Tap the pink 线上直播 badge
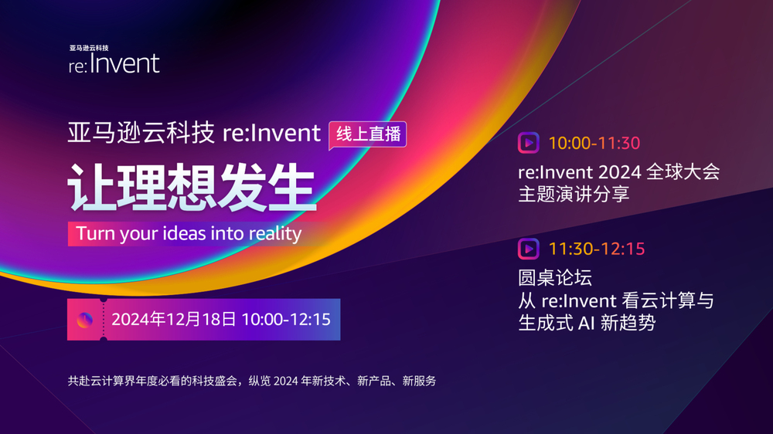pos(368,134)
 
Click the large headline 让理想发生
pos(192,188)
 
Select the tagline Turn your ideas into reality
pos(189,233)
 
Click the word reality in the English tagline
pos(275,233)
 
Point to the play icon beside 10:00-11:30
pos(529,144)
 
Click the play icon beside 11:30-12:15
pos(529,249)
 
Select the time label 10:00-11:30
pos(594,144)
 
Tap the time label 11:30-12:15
pos(597,249)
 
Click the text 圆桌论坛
pos(555,278)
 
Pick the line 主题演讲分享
pos(574,194)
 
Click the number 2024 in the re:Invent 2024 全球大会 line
pos(620,172)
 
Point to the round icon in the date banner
pos(85,320)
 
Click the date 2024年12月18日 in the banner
pos(173,319)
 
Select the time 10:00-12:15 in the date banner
pos(286,319)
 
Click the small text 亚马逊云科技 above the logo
pos(89,48)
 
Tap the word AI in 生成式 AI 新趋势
pos(586,323)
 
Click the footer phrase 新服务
pos(419,381)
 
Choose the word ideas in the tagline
pos(184,233)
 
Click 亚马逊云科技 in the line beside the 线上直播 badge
pos(141,133)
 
